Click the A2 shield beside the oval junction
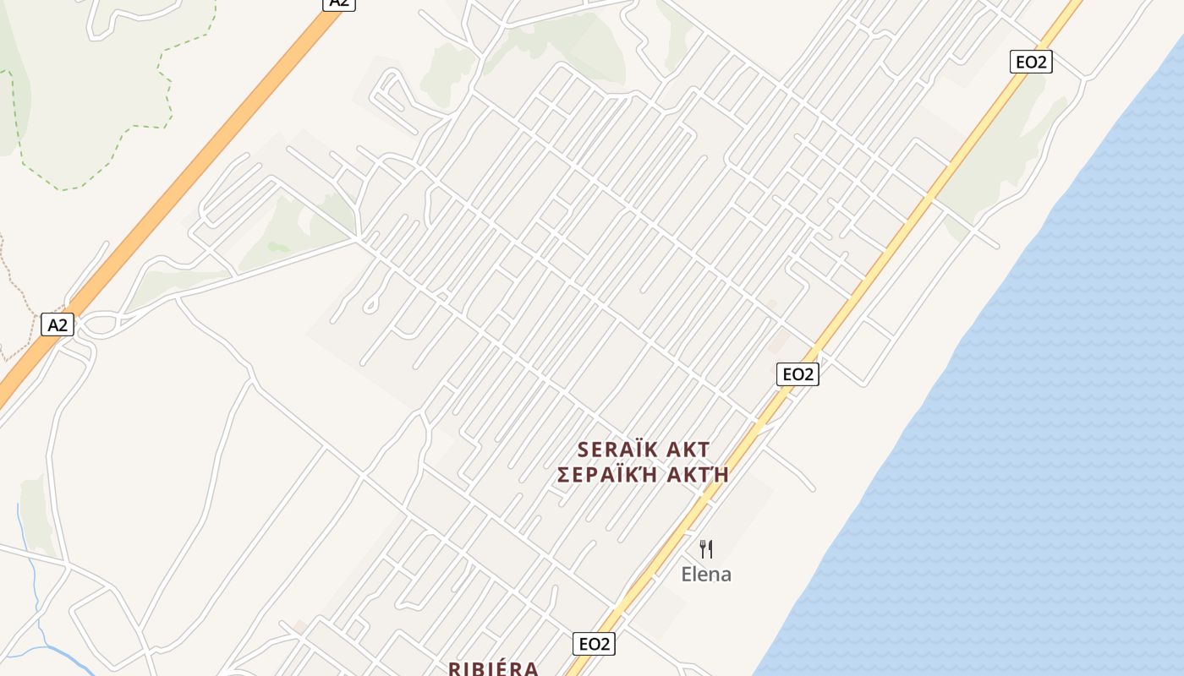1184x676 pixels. click(x=57, y=324)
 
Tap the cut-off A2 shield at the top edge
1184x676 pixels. click(x=338, y=3)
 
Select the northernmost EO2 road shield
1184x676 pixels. click(x=1031, y=62)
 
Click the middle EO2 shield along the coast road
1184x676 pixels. click(x=798, y=373)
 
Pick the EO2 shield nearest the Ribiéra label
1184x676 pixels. click(x=594, y=644)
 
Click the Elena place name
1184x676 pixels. click(x=706, y=575)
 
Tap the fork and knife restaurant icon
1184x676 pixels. click(x=706, y=549)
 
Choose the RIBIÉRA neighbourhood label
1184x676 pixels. click(x=493, y=668)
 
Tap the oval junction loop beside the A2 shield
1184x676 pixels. click(x=100, y=324)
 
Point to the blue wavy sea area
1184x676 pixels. click(x=1015, y=422)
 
